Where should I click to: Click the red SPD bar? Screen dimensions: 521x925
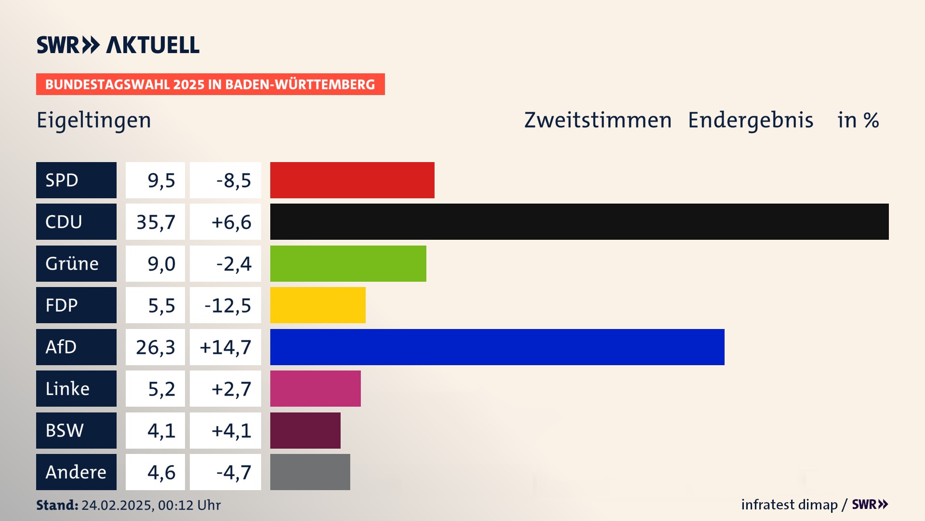[x=352, y=180]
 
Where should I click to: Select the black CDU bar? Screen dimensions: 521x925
[x=579, y=222]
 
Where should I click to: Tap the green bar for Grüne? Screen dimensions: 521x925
[x=348, y=263]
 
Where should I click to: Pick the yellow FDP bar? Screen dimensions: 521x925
[x=317, y=305]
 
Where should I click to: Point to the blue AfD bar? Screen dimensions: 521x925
[x=497, y=347]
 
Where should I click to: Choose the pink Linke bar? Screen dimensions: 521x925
[x=315, y=388]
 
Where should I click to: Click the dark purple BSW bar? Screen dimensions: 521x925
[x=305, y=430]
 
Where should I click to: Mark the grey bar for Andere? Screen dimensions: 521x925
[x=310, y=472]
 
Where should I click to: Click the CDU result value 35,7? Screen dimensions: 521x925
[x=155, y=222]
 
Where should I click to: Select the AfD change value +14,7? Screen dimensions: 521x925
[x=225, y=347]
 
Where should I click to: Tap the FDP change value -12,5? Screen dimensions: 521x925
[x=227, y=305]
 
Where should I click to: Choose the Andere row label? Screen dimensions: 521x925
[x=76, y=472]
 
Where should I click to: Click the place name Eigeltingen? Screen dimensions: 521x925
[x=94, y=120]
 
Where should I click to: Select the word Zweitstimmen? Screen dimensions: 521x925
[x=598, y=120]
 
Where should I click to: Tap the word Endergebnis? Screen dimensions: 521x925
[x=751, y=120]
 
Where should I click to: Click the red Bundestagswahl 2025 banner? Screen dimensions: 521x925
[x=210, y=84]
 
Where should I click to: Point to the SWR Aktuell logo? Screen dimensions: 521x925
[x=118, y=45]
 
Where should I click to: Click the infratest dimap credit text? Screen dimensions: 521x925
[x=789, y=505]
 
